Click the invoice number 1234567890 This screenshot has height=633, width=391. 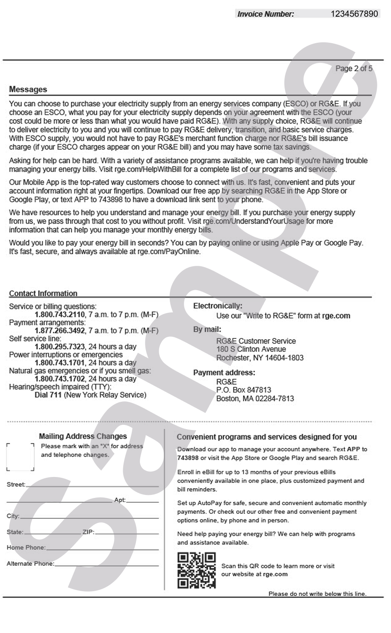[354, 14]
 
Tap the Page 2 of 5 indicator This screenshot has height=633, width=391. [353, 68]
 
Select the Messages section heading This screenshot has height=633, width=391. [28, 89]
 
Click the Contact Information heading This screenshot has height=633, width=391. [43, 293]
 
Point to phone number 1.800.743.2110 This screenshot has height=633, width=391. [60, 315]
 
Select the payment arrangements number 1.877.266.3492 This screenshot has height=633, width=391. [60, 330]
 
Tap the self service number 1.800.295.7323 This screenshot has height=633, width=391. [60, 347]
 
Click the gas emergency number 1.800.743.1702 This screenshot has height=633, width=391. [60, 379]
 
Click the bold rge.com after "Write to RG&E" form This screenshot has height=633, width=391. [336, 316]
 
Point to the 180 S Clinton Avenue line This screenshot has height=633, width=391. [251, 349]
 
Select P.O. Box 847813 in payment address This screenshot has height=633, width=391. [243, 390]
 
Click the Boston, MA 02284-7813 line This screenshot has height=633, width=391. [255, 398]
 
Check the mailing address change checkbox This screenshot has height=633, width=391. [21, 457]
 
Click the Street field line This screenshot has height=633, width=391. [92, 486]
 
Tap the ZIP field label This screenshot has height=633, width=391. [88, 532]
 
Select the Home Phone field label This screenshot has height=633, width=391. [26, 548]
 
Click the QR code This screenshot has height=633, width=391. [196, 570]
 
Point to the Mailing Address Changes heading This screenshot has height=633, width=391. [83, 436]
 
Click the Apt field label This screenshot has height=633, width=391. [120, 500]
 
